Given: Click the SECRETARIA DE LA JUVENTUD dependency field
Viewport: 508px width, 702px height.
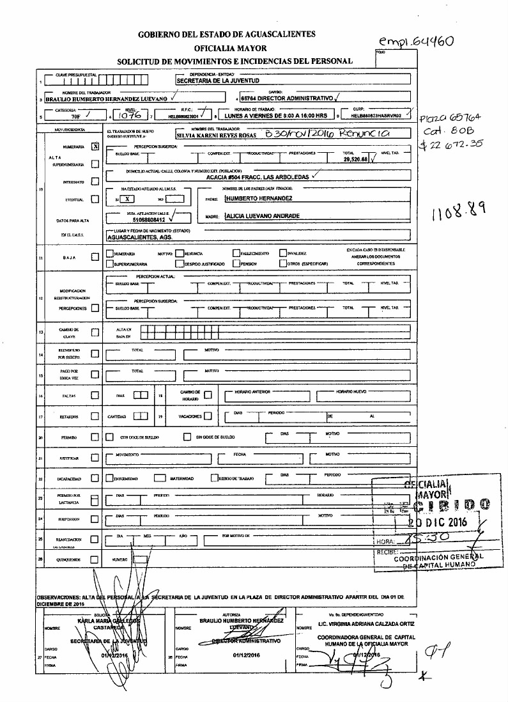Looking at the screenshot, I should tap(218, 82).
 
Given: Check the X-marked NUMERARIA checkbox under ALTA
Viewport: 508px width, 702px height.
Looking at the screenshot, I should tap(95, 146).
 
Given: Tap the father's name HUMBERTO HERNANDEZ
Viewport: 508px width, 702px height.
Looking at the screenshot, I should tap(256, 198).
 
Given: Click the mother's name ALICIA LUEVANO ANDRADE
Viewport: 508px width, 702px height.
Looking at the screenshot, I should tap(263, 216).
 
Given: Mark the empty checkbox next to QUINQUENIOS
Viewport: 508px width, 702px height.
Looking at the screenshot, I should tap(95, 559).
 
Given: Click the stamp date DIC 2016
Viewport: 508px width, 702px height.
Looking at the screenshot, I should tap(440, 522).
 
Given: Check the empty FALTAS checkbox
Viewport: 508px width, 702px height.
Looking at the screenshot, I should tap(95, 396).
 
